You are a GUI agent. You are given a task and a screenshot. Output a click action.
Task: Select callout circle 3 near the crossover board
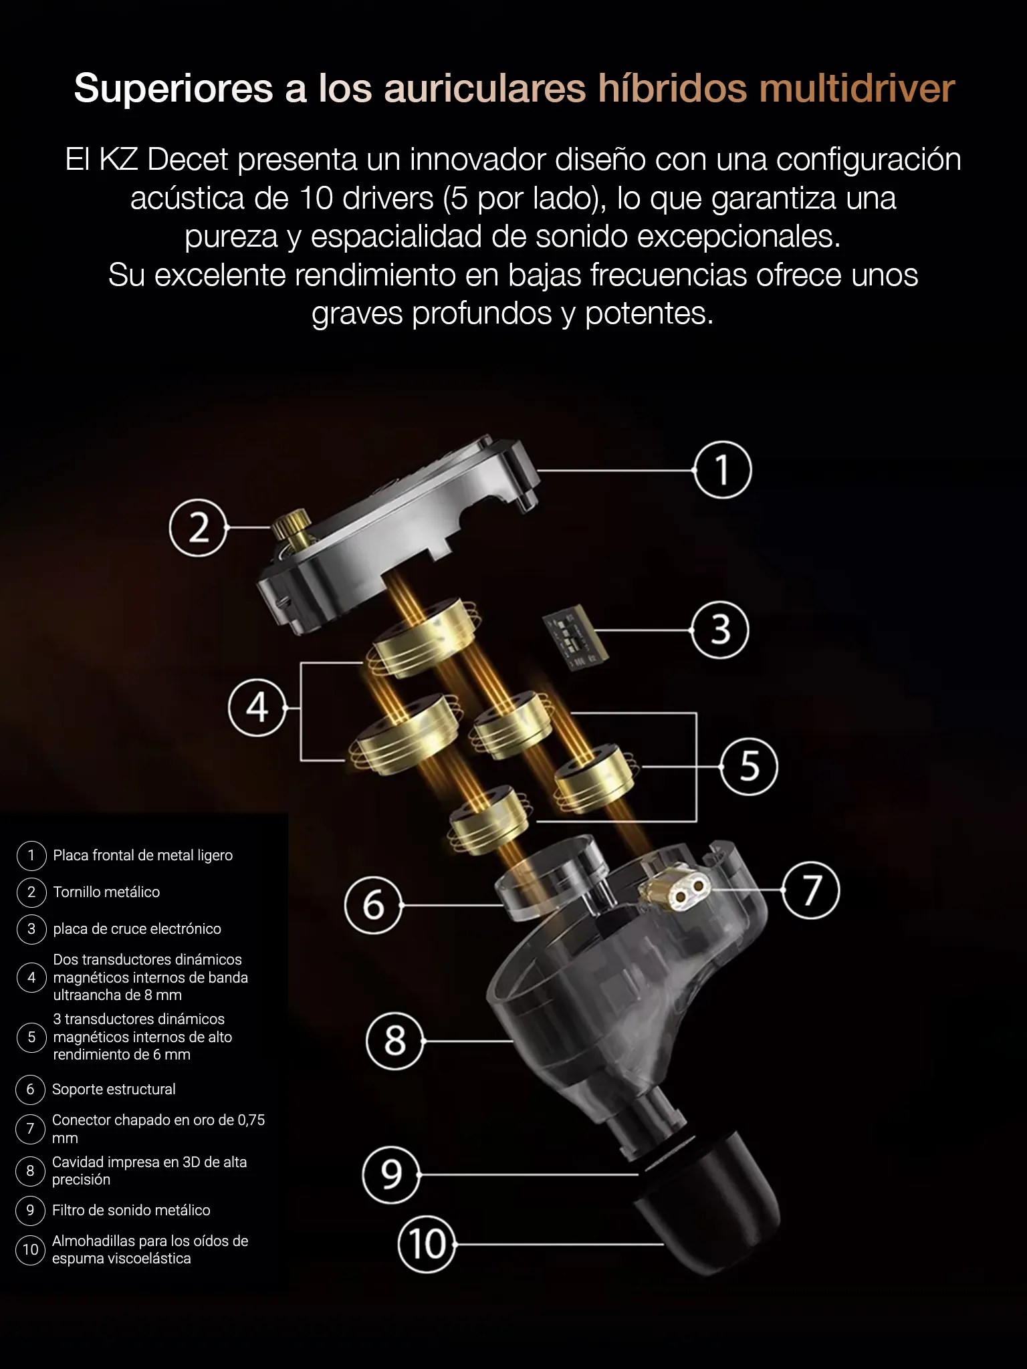pyautogui.click(x=720, y=630)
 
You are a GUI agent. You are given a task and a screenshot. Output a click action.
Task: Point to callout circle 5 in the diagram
pyautogui.click(x=749, y=766)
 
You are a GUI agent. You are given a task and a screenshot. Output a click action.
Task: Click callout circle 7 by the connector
pyautogui.click(x=811, y=890)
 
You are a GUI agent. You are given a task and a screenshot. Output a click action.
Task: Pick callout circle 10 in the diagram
pyautogui.click(x=427, y=1244)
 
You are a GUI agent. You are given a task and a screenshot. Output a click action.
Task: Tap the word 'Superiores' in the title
pyautogui.click(x=174, y=89)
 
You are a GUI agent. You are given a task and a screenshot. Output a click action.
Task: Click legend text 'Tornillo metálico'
pyautogui.click(x=106, y=892)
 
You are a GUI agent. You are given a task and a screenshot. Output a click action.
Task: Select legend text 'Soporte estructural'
pyautogui.click(x=114, y=1089)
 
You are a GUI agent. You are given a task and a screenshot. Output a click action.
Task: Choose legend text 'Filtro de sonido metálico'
pyautogui.click(x=131, y=1210)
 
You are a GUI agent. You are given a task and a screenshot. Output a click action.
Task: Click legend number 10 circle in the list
pyautogui.click(x=31, y=1249)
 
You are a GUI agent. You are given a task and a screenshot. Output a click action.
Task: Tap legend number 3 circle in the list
pyautogui.click(x=31, y=928)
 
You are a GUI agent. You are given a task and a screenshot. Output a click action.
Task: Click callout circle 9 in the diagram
pyautogui.click(x=392, y=1174)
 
